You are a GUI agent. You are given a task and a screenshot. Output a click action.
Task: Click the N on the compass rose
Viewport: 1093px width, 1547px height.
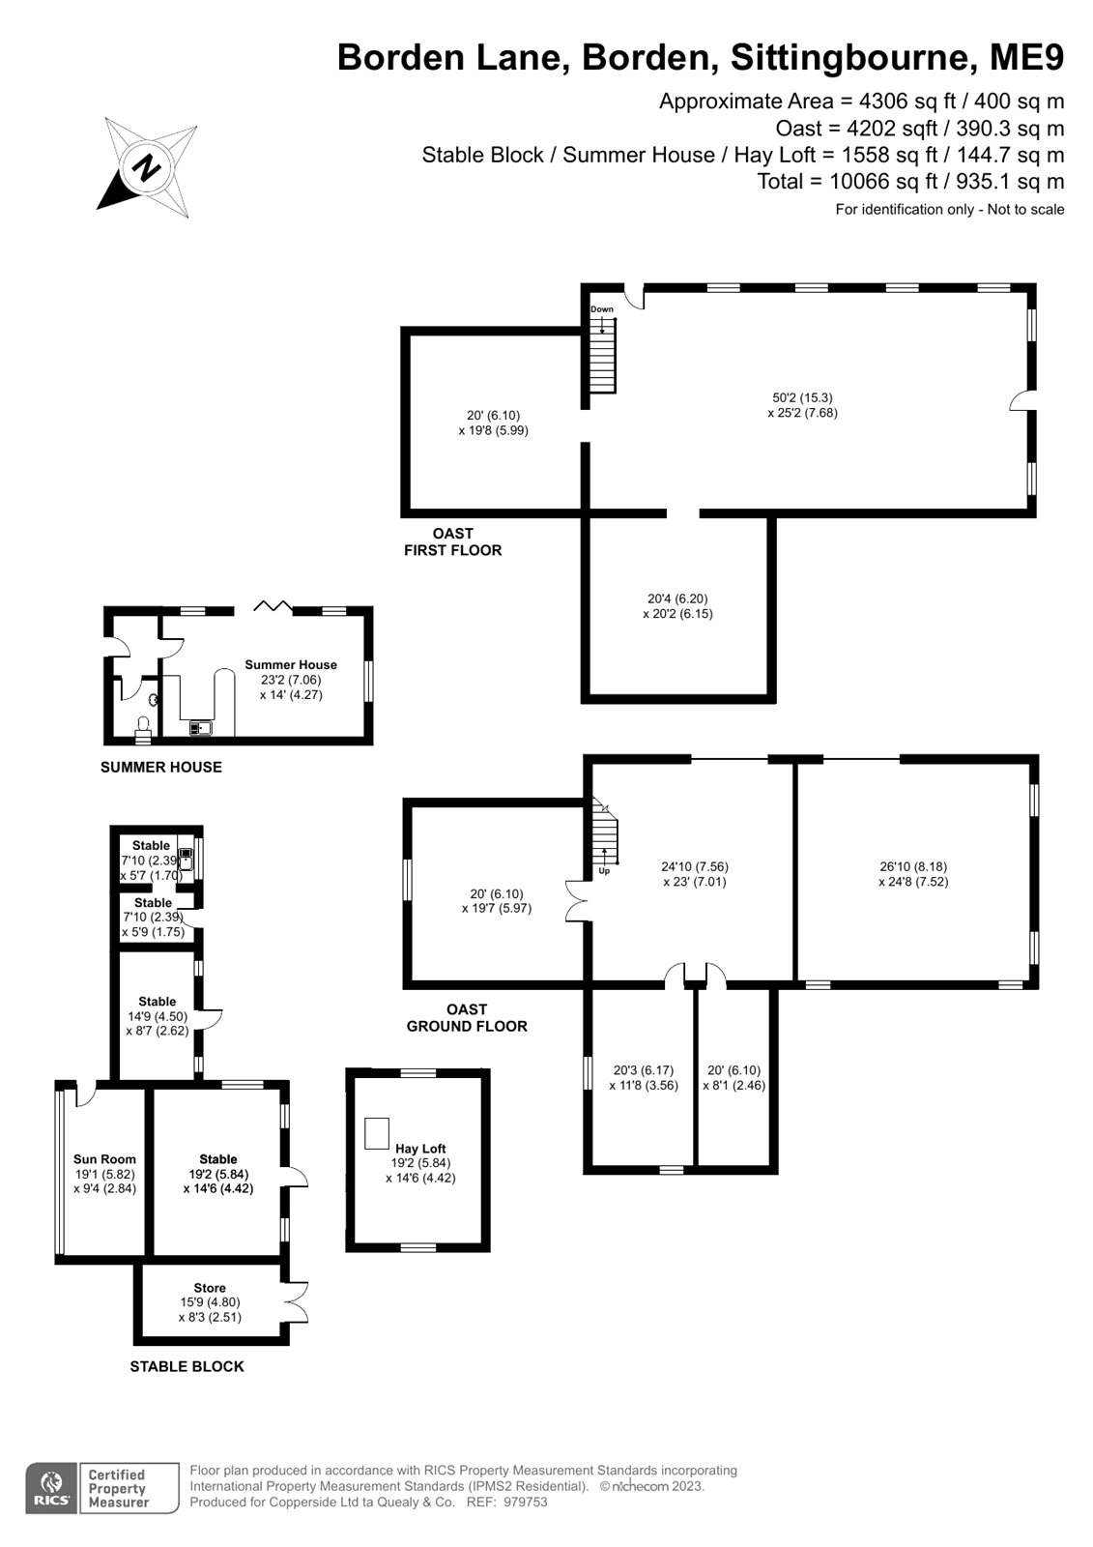pos(146,168)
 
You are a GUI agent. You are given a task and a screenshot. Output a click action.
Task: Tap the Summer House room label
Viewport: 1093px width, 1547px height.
pos(291,664)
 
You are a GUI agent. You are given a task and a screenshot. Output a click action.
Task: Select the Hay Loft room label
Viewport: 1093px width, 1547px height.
pos(419,1148)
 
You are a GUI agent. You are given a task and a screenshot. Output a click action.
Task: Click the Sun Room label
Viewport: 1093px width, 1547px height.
pos(105,1159)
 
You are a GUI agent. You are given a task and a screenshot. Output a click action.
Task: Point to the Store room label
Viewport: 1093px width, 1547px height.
pos(209,1287)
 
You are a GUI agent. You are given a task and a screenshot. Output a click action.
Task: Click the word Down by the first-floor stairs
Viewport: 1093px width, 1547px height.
pos(601,309)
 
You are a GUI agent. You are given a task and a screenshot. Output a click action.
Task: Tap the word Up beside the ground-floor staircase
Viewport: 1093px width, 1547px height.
pos(604,871)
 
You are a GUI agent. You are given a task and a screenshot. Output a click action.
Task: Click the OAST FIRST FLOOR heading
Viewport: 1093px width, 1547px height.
pos(453,541)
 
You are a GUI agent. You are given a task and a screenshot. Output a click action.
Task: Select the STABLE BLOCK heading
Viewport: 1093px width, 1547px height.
pos(187,1366)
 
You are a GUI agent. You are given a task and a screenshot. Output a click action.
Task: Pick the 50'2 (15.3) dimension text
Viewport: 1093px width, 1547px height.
pos(802,397)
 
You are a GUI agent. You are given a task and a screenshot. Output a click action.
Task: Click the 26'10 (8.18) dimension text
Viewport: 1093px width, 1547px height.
pos(913,866)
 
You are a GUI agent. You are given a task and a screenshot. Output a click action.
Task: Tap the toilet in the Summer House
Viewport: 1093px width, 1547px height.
pos(143,729)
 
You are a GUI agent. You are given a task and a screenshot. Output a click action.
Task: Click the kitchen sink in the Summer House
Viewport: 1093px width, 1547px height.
pos(200,728)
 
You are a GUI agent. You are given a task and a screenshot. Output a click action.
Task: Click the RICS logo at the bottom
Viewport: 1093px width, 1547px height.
pos(52,1488)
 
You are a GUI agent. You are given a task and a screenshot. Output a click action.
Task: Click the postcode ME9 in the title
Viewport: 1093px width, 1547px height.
pos(1026,57)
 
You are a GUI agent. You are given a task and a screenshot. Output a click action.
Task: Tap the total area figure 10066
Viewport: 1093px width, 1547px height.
pos(859,181)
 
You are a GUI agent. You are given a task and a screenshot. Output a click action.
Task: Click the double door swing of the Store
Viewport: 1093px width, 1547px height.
pos(297,1301)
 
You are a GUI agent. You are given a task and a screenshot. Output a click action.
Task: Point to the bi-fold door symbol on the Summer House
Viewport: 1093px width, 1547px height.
pos(273,605)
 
